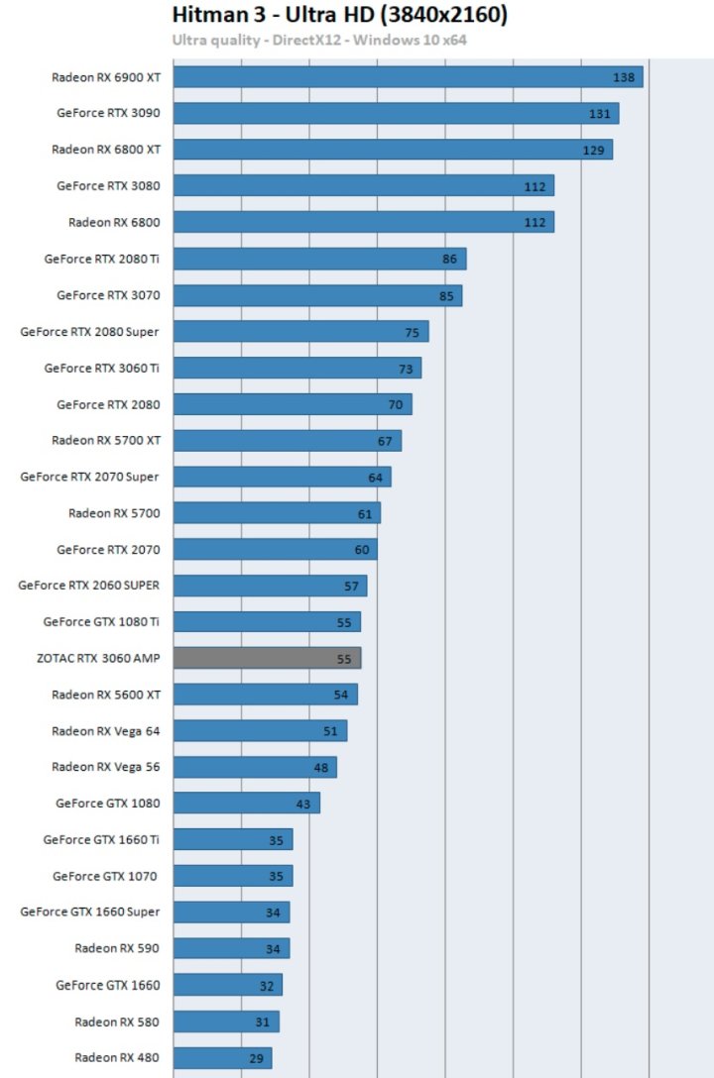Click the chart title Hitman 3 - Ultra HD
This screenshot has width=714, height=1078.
tap(339, 16)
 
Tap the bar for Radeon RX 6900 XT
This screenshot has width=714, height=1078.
tap(408, 76)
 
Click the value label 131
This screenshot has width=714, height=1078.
tap(599, 114)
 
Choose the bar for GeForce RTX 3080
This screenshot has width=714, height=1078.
tap(363, 186)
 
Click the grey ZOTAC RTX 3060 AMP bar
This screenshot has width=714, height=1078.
tap(267, 658)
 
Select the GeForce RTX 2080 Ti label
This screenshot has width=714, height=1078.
tap(101, 259)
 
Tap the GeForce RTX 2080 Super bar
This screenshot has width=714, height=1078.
tap(300, 332)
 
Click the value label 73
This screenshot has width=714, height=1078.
tap(406, 369)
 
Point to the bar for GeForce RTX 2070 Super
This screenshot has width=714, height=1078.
tap(282, 478)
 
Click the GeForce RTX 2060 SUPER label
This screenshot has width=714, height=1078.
tap(88, 586)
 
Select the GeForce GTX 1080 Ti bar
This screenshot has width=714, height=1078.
tap(267, 622)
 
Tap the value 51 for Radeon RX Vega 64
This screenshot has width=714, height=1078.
tap(331, 731)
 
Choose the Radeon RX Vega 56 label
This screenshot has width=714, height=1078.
tap(105, 767)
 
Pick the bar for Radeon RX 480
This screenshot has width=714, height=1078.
tap(222, 1058)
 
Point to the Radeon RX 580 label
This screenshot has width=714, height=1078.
tap(116, 1022)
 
